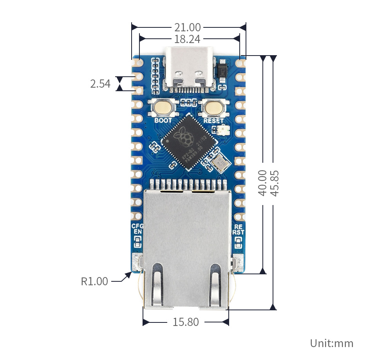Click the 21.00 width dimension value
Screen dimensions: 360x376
pyautogui.click(x=187, y=27)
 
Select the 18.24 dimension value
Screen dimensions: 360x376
pyautogui.click(x=187, y=39)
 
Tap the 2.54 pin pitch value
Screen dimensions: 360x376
pyautogui.click(x=100, y=83)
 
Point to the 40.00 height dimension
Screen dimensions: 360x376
pyautogui.click(x=262, y=182)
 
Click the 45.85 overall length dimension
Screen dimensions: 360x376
pyautogui.click(x=274, y=182)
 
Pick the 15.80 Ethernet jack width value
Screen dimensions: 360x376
pyautogui.click(x=186, y=322)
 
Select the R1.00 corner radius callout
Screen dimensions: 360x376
pyautogui.click(x=94, y=281)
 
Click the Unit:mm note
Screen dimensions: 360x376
pyautogui.click(x=331, y=344)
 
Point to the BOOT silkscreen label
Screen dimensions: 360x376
pyautogui.click(x=163, y=121)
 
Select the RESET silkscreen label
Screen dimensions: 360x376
pyautogui.click(x=213, y=121)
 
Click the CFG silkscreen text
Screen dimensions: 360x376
pyautogui.click(x=137, y=226)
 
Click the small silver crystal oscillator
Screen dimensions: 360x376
pyautogui.click(x=219, y=162)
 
